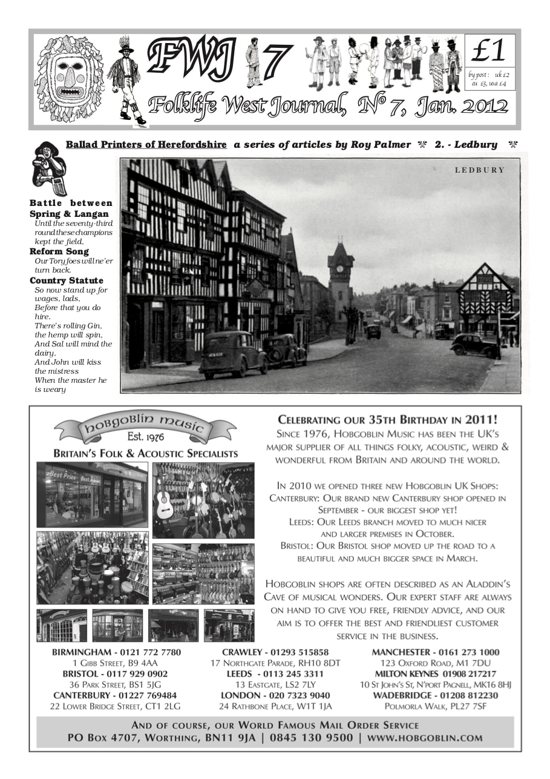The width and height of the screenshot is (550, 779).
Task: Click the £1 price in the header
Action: click(x=489, y=52)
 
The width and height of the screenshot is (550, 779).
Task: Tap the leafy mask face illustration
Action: click(x=69, y=79)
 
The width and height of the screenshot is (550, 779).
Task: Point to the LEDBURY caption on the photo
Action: click(x=479, y=170)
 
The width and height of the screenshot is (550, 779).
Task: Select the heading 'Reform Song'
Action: click(x=59, y=251)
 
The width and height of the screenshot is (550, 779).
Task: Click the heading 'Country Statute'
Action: click(x=67, y=280)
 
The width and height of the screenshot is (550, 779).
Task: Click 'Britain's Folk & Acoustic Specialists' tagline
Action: click(x=145, y=454)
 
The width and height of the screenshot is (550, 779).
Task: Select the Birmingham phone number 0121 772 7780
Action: click(x=116, y=652)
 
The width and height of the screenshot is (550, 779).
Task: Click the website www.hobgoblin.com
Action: click(x=424, y=738)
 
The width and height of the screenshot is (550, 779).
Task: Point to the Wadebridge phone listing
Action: click(x=435, y=695)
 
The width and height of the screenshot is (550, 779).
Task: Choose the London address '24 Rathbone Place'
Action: click(x=275, y=706)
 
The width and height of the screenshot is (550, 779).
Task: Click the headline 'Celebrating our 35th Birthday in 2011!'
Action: click(x=388, y=419)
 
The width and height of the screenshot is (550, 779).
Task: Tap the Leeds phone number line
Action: click(x=275, y=674)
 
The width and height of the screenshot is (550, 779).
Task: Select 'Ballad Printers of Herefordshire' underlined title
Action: click(x=146, y=145)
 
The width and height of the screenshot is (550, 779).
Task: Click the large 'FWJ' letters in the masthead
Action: click(x=191, y=61)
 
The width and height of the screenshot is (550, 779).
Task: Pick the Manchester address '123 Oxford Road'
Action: click(x=435, y=663)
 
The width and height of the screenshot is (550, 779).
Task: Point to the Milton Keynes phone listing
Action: click(x=435, y=674)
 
